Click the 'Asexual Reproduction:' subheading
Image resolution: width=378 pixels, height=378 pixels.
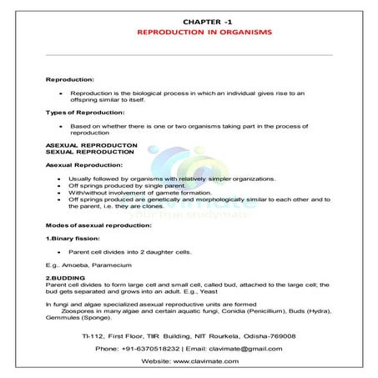point(82,165)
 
